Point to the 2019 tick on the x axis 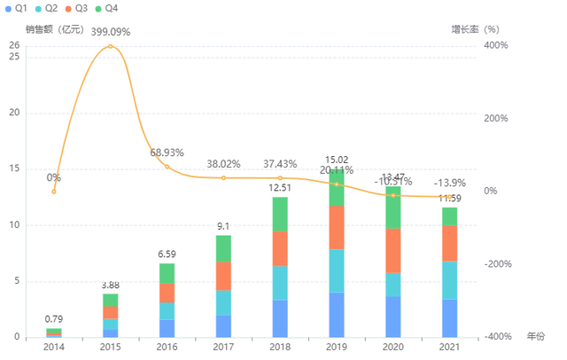(337, 346)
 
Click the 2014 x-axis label (54, 346)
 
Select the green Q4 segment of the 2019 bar (337, 188)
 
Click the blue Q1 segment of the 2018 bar (280, 318)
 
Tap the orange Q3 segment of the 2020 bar (393, 250)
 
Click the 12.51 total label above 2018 (280, 187)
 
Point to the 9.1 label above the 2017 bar (223, 226)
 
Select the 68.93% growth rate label (167, 153)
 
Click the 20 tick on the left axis (13, 113)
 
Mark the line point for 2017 (223, 177)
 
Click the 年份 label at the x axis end (536, 337)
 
